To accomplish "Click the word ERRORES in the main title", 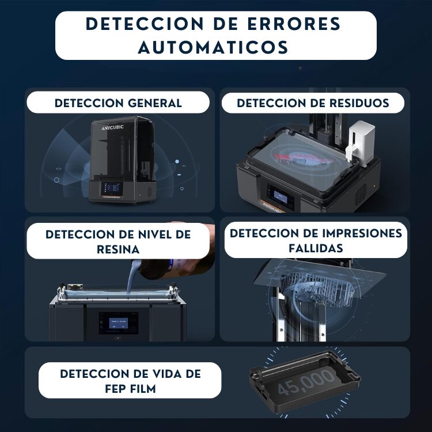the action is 294,24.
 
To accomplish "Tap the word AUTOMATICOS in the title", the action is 213,47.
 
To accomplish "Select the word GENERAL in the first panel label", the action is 155,103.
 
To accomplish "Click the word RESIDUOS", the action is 359,103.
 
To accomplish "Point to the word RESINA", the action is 118,249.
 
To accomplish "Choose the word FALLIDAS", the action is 316,248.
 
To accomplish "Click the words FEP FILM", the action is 131,389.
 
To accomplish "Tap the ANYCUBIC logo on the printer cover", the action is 112,127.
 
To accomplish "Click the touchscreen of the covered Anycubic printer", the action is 112,189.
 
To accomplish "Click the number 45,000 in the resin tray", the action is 306,381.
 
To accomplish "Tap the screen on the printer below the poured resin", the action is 119,323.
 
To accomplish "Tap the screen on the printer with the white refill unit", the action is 281,197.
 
